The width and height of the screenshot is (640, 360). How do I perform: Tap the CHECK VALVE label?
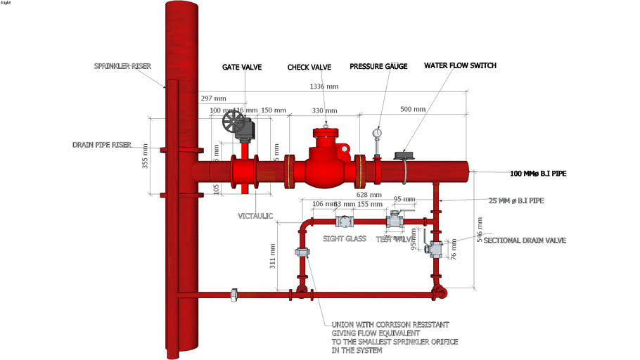pos(309,67)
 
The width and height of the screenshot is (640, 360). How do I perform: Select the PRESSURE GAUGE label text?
pos(378,66)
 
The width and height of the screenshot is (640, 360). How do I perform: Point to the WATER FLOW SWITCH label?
pos(460,65)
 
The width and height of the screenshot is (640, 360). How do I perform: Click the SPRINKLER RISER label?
pos(123,67)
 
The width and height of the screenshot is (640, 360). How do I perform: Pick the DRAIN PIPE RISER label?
pos(102,145)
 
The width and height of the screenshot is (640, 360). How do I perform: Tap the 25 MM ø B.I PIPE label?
pos(516,201)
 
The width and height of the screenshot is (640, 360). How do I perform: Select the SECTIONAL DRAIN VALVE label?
pos(525,240)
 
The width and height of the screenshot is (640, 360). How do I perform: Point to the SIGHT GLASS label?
pos(345,238)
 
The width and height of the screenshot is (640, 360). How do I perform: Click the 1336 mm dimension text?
pos(324,86)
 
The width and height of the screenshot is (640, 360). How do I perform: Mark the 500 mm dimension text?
pos(414,109)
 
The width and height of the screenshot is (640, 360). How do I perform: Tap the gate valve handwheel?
pos(231,125)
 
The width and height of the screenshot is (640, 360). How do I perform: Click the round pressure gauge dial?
pos(378,132)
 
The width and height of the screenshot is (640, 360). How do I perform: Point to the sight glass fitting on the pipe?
pos(345,221)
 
